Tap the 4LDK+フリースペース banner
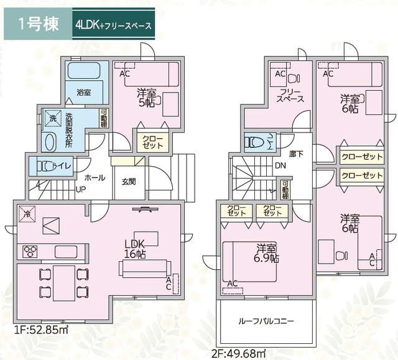pyautogui.click(x=111, y=25)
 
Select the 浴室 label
pyautogui.click(x=84, y=92)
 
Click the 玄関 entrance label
pyautogui.click(x=129, y=182)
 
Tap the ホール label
pyautogui.click(x=95, y=177)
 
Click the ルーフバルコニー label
pyautogui.click(x=266, y=321)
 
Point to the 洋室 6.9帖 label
pyautogui.click(x=265, y=253)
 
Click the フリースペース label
pyautogui.click(x=290, y=95)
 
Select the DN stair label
pyautogui.click(x=280, y=166)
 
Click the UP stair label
pyautogui.click(x=81, y=189)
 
